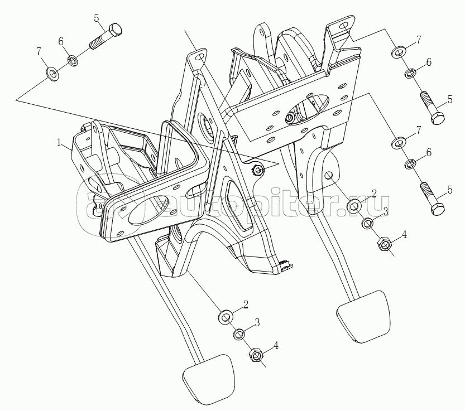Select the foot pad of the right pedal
[363, 315]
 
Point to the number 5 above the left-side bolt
[97, 18]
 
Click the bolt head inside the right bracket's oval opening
[290, 118]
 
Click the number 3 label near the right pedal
[385, 211]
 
